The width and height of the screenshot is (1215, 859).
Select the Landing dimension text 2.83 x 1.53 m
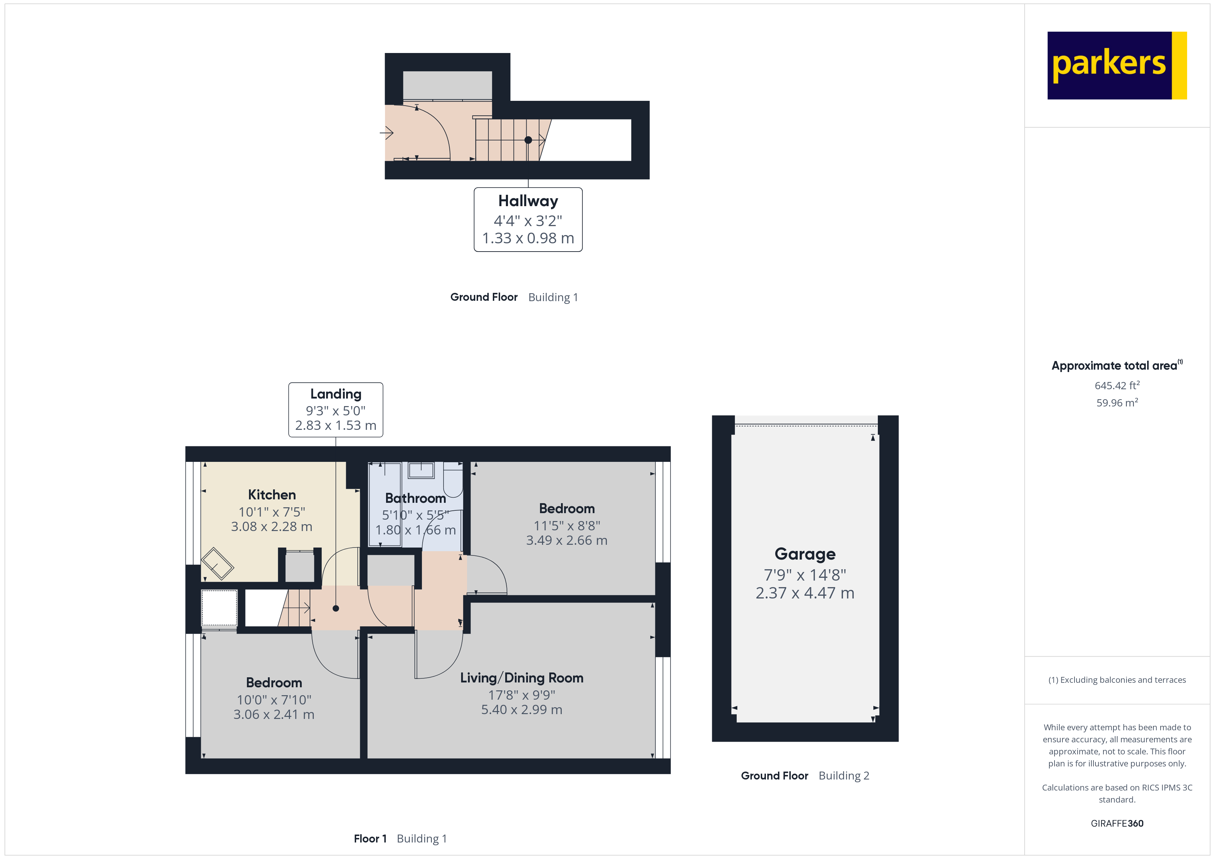click(x=335, y=425)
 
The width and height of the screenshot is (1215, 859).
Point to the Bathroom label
click(x=415, y=498)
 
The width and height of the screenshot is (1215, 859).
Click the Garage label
click(x=805, y=554)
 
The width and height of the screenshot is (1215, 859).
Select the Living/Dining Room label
click(x=521, y=678)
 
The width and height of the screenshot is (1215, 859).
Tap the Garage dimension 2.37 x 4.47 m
click(x=805, y=593)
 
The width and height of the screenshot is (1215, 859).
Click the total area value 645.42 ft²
click(x=1117, y=385)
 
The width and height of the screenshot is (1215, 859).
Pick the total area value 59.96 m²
click(x=1117, y=403)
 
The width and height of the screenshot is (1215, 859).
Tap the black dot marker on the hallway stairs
click(x=528, y=140)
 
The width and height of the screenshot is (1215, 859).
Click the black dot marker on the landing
click(x=335, y=608)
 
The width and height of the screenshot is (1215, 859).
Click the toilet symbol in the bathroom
click(x=453, y=479)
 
